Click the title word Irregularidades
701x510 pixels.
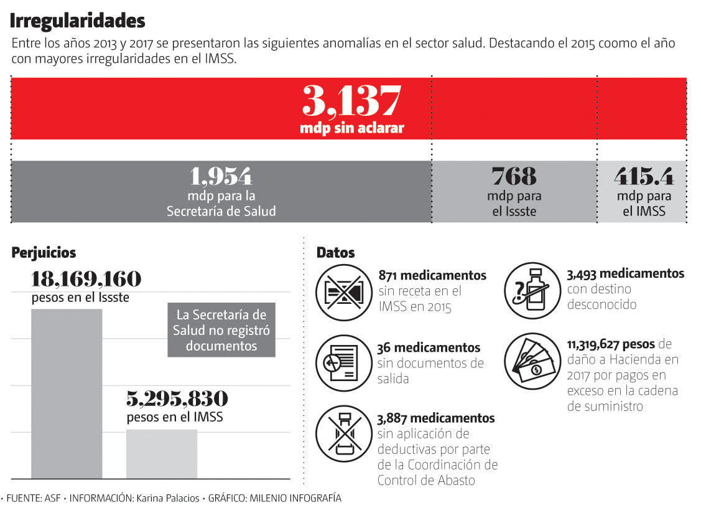tap(78, 21)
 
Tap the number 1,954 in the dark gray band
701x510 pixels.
tap(221, 176)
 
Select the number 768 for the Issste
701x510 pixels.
tap(514, 176)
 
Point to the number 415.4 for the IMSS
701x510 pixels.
tap(644, 177)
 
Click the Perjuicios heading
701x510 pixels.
tap(44, 253)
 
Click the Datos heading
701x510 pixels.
tap(335, 253)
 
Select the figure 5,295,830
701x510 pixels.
tap(177, 399)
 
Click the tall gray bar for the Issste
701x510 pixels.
tap(67, 392)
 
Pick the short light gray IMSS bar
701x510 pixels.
tap(162, 453)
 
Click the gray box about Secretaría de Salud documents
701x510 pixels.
tap(221, 330)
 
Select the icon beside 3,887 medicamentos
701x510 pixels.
tap(343, 434)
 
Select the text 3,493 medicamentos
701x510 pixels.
tap(625, 274)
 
